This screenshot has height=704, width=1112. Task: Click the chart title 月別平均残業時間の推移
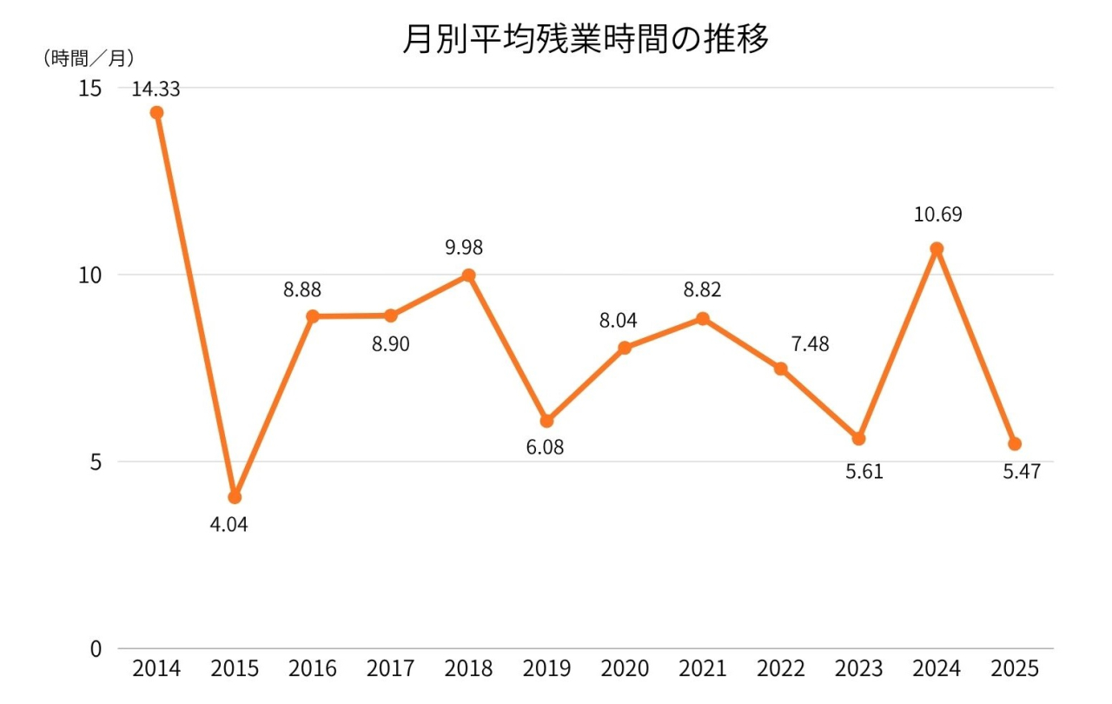586,39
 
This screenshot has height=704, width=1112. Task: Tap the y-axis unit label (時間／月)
88,58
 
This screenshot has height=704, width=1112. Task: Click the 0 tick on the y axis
96,648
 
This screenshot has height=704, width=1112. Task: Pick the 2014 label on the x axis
156,669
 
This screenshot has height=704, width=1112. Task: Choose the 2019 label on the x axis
546,669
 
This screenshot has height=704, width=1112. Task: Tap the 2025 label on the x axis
1015,669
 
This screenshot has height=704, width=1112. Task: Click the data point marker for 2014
156,112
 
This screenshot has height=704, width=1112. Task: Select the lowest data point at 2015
235,497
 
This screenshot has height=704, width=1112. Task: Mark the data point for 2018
468,276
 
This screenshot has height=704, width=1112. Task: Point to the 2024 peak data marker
937,249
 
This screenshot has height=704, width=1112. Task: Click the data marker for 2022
780,369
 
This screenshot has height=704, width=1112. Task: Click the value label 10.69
937,215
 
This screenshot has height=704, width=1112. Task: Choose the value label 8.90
390,344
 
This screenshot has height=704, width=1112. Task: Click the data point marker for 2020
625,348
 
